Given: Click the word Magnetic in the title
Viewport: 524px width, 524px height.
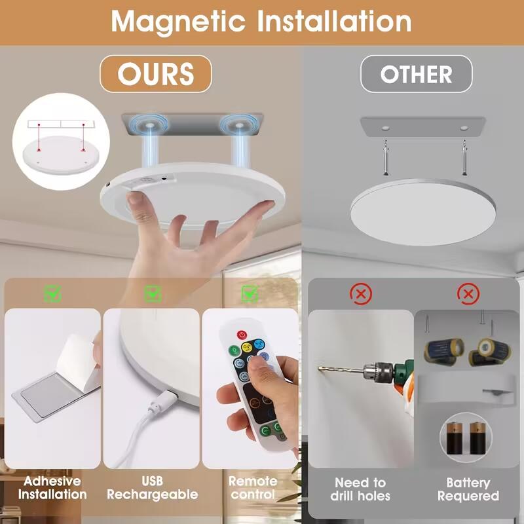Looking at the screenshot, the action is click(178, 22).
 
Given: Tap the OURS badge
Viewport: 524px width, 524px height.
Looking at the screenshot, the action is click(156, 74).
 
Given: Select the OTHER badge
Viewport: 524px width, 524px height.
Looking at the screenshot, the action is click(416, 74).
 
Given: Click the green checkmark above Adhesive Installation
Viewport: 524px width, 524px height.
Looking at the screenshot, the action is click(53, 293).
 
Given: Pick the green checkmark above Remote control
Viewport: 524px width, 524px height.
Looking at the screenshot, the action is click(250, 293).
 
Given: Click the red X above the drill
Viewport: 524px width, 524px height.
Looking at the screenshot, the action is click(361, 294).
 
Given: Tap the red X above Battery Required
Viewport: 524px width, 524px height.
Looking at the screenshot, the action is click(468, 294).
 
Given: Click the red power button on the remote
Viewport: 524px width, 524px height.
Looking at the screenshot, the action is click(242, 335).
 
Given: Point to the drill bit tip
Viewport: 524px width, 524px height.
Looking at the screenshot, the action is click(319, 368).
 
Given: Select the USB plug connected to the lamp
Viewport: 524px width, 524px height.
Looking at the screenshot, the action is click(164, 400).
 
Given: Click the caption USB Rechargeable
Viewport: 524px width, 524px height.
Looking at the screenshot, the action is click(153, 488).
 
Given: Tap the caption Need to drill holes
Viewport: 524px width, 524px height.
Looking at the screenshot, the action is click(360, 489).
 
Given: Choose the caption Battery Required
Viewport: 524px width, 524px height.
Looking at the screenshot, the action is click(468, 489).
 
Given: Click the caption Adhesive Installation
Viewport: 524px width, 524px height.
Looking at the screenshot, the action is click(52, 488).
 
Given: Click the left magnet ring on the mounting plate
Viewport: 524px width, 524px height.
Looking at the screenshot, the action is click(149, 125).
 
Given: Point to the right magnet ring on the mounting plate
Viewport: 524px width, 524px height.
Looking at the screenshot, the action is click(238, 125).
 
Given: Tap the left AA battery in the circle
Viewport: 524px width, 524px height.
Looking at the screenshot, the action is click(455, 438).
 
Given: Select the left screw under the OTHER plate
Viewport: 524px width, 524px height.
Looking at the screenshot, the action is click(386, 158).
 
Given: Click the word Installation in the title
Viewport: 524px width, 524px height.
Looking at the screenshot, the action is click(334, 22).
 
